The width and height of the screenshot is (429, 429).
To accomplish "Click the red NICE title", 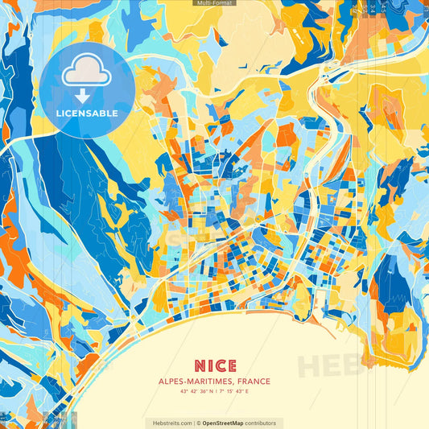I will pyautogui.click(x=214, y=365).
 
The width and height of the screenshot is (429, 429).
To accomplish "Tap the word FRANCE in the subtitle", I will pyautogui.click(x=251, y=382).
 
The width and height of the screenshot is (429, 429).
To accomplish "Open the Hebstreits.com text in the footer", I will pyautogui.click(x=170, y=423).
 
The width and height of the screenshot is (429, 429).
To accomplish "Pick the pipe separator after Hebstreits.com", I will pyautogui.click(x=193, y=423).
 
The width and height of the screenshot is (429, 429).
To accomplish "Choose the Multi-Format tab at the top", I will pyautogui.click(x=214, y=3).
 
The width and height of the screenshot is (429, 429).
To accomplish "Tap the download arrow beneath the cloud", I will pyautogui.click(x=86, y=96).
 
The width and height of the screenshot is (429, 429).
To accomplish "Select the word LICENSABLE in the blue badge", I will pyautogui.click(x=87, y=113).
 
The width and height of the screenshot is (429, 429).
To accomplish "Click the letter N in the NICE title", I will pyautogui.click(x=198, y=365).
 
